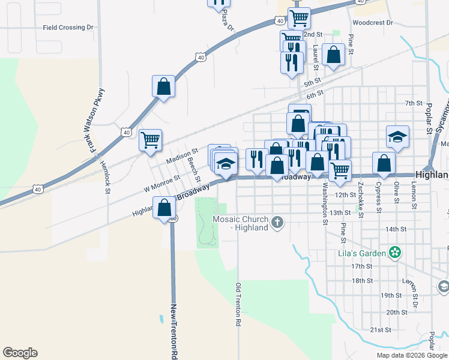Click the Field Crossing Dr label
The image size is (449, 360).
[x=69, y=28]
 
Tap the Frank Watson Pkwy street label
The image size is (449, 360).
[x=97, y=119]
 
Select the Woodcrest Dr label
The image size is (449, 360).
[x=372, y=23]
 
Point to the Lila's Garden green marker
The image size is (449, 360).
[x=394, y=253]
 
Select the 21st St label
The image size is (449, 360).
[x=381, y=329]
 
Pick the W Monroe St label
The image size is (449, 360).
[x=161, y=184]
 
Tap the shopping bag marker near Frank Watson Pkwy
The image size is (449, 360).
[x=163, y=87]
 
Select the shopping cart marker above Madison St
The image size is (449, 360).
[x=151, y=140]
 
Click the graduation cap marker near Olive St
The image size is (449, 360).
[x=397, y=137]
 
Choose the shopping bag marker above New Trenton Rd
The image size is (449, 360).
[x=164, y=208]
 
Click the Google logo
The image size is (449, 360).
[x=20, y=353]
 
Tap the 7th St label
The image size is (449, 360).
[x=414, y=103]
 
